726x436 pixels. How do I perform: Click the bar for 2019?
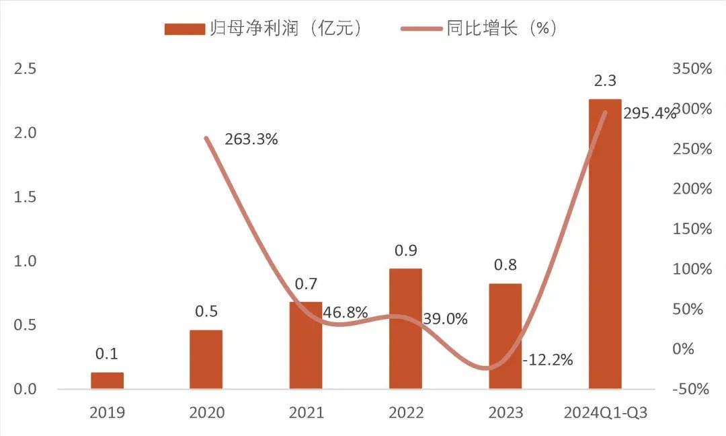coord(108,381)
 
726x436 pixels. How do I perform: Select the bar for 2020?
coord(206,359)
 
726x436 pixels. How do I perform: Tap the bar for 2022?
coord(405,328)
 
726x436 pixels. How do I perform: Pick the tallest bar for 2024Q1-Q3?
coord(605,244)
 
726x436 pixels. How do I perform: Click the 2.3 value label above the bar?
coord(605,81)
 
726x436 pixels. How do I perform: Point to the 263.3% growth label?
coord(251,140)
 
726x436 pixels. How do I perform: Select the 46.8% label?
coord(346,312)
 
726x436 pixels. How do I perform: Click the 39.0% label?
coord(445,319)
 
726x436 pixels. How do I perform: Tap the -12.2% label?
coord(547,360)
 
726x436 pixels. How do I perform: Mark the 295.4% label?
coord(649,114)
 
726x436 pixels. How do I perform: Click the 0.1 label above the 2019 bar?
coord(108,354)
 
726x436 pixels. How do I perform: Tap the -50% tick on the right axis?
coord(691,390)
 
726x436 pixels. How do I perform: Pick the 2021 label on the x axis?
coord(306,412)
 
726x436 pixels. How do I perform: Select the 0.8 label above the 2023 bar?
coord(505,265)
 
